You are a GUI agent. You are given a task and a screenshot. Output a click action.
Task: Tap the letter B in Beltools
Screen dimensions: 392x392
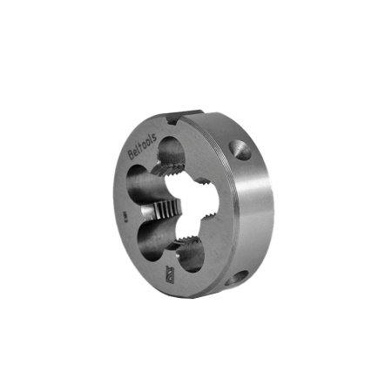click(132, 155)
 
